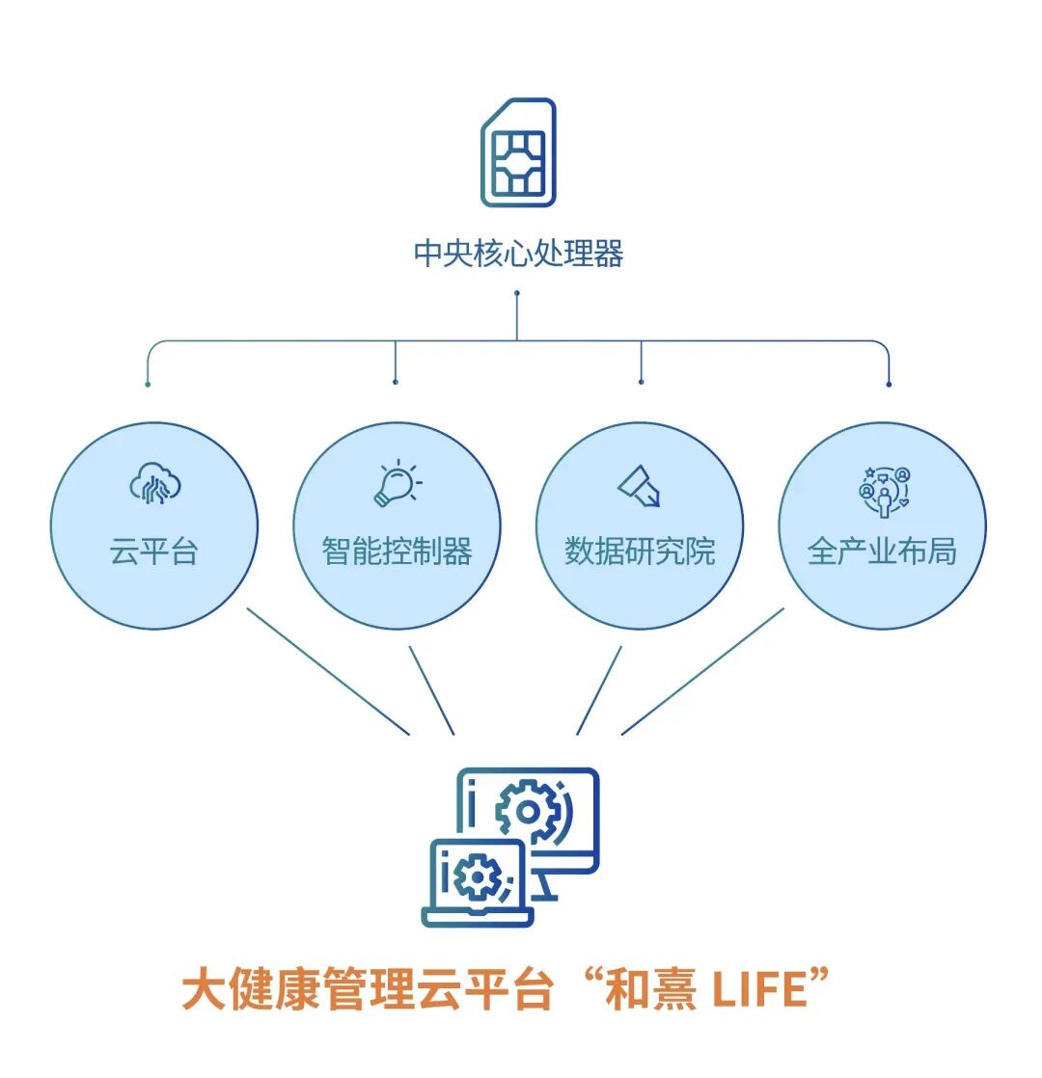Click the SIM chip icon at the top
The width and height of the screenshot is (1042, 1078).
tap(518, 151)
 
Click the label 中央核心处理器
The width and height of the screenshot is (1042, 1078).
tap(518, 254)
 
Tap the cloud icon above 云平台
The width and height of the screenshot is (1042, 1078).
tap(155, 484)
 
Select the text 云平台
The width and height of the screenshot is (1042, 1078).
tap(154, 552)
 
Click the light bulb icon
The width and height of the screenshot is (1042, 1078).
tap(397, 484)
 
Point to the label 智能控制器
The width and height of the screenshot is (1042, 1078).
tap(397, 552)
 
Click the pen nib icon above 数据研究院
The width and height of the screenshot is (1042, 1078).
tap(639, 485)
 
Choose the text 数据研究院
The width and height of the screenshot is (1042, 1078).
tap(640, 552)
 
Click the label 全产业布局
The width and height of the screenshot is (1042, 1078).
tap(882, 552)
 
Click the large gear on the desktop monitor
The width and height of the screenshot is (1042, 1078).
tap(528, 812)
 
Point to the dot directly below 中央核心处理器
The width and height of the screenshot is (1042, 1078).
tap(517, 292)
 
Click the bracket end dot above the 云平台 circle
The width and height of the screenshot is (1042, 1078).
tap(148, 384)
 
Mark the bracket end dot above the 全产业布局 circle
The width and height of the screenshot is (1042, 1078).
tap(889, 384)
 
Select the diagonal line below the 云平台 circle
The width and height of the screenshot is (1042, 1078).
tap(328, 671)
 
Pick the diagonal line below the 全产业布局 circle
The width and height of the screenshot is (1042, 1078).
tap(702, 671)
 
